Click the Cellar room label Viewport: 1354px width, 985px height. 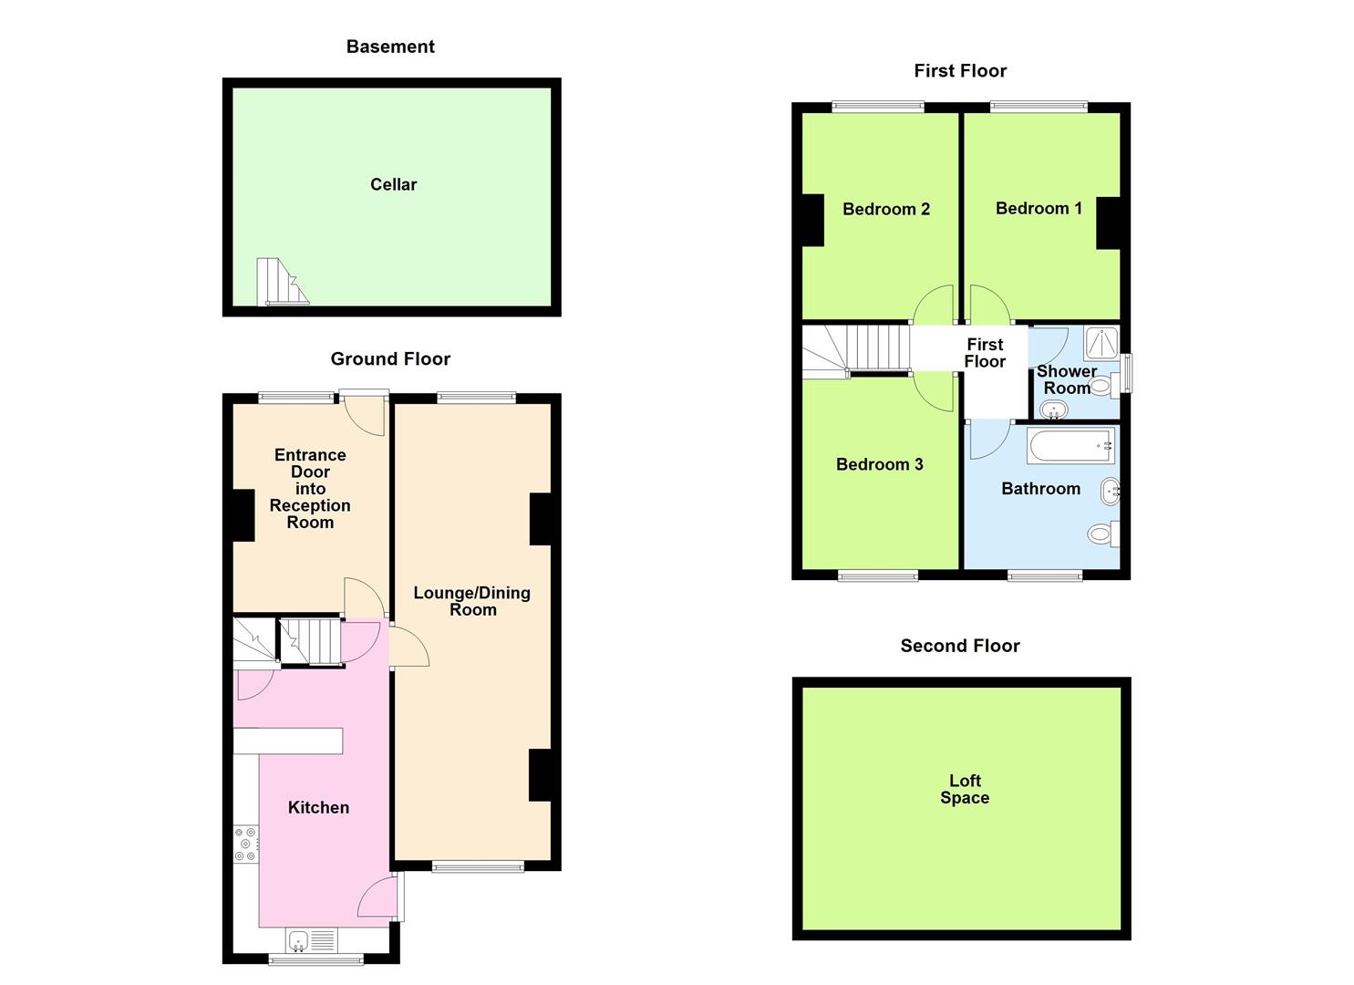click(393, 184)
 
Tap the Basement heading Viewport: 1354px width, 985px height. click(390, 47)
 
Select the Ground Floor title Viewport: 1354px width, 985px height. click(390, 359)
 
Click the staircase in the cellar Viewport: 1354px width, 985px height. click(280, 282)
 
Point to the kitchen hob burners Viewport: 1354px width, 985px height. click(246, 845)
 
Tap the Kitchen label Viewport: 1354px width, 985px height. click(318, 807)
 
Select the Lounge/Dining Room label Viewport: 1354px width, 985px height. click(471, 601)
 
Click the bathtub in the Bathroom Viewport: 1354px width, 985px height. click(1070, 446)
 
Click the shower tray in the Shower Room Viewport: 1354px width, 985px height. click(1101, 343)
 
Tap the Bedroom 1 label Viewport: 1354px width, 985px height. click(1039, 209)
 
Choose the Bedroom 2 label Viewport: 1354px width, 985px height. click(885, 210)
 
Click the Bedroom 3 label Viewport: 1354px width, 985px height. click(879, 465)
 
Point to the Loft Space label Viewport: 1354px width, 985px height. click(965, 789)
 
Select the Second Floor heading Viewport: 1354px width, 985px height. click(959, 646)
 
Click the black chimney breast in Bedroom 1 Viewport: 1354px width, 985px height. click(1107, 223)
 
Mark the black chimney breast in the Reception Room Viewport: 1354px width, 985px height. click(243, 515)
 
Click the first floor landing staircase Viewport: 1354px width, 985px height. click(857, 348)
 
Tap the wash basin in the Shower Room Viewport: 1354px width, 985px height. click(1054, 408)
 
